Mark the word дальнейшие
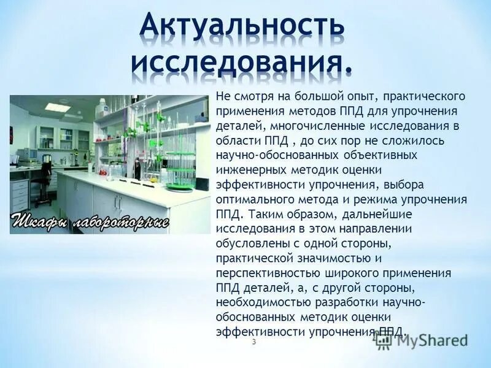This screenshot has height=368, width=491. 375,214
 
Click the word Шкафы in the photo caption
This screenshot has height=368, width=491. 38,221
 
